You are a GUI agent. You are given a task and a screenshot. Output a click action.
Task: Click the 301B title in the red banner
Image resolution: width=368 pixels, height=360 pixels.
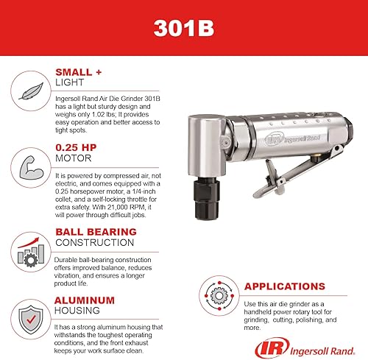pos(183,27)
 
